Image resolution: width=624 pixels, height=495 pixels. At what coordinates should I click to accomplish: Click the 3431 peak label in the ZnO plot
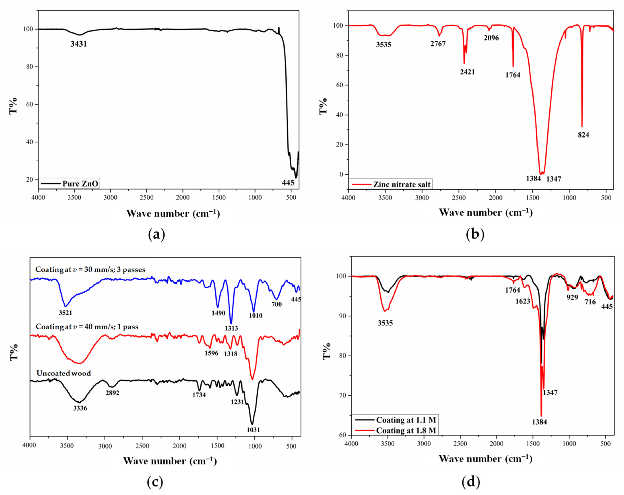tap(78, 44)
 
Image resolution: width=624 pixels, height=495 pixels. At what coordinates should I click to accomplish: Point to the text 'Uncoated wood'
tap(64, 373)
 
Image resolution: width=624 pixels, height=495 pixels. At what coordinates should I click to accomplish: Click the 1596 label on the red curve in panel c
tap(211, 353)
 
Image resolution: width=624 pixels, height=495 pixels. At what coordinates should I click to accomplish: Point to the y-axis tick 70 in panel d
tap(342, 395)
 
